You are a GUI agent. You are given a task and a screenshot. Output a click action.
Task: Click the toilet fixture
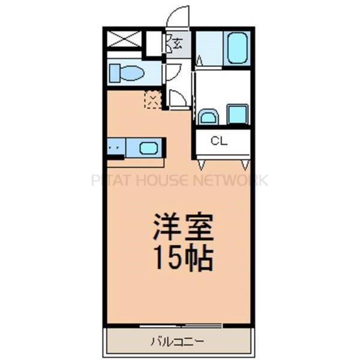click(128, 73)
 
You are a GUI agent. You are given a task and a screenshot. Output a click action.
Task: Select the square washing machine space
click(237, 113)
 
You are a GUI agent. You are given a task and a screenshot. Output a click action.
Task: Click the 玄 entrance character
click(178, 43)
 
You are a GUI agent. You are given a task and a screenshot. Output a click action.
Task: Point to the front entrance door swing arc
click(178, 16)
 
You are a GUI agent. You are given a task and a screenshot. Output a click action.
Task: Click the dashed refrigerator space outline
click(154, 98)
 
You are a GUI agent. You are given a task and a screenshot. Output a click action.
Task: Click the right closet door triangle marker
click(245, 163)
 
